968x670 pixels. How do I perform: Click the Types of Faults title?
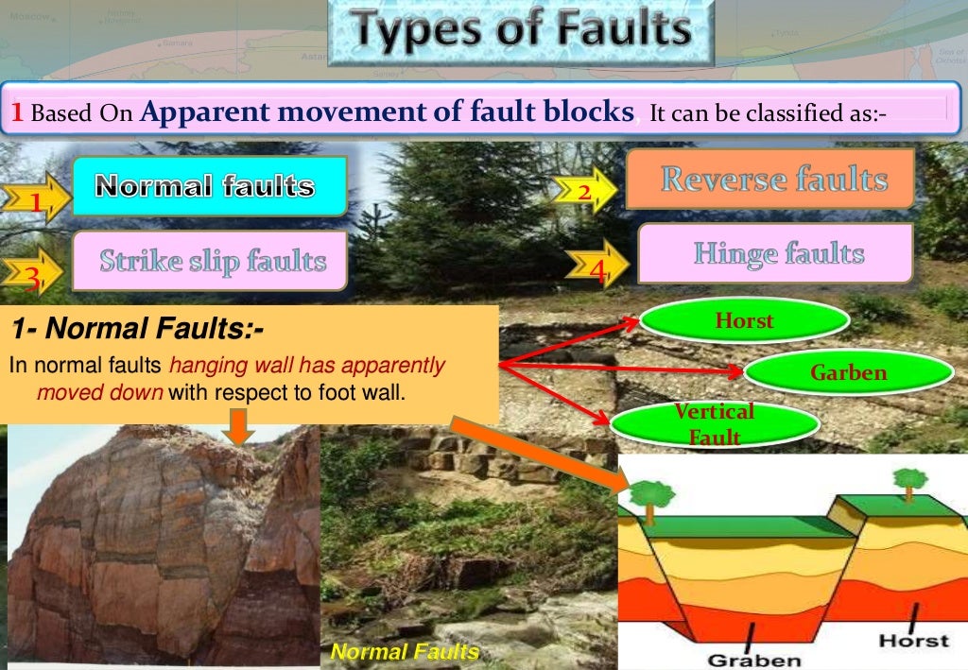[x=520, y=31]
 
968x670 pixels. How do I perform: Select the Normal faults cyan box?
[x=209, y=186]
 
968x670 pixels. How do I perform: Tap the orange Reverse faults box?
[x=772, y=179]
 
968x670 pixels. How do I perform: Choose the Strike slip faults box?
[x=210, y=260]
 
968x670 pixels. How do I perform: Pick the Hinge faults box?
[x=777, y=253]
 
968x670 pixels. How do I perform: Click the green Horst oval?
[x=744, y=321]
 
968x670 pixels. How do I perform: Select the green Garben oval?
[x=848, y=373]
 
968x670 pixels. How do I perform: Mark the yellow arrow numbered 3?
[x=34, y=273]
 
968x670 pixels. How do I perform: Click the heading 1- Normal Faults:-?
[x=137, y=331]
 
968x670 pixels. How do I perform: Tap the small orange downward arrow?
[x=240, y=431]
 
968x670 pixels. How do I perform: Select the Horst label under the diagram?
[x=913, y=640]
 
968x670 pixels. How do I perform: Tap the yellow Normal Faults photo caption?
[x=405, y=651]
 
